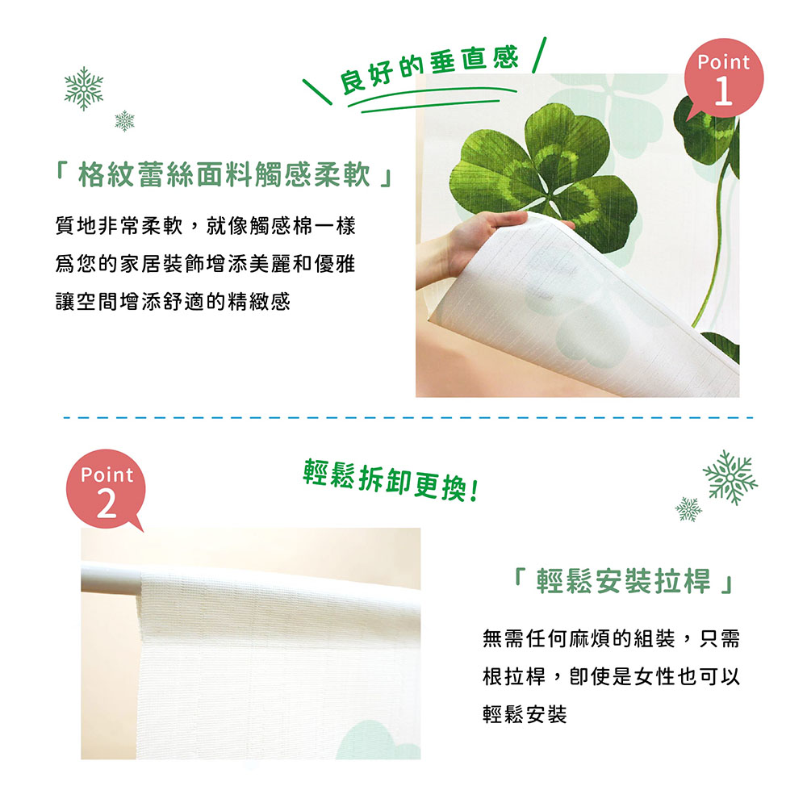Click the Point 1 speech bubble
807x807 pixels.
(722, 81)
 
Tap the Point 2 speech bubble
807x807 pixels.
(107, 492)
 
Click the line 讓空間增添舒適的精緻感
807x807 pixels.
(173, 303)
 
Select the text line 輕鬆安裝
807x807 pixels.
(525, 714)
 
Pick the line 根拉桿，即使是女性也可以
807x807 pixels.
(610, 676)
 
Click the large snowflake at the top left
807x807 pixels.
(84, 88)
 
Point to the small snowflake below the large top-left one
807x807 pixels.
(124, 121)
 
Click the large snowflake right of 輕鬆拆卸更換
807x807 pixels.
(730, 477)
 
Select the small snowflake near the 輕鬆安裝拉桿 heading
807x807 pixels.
(688, 508)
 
